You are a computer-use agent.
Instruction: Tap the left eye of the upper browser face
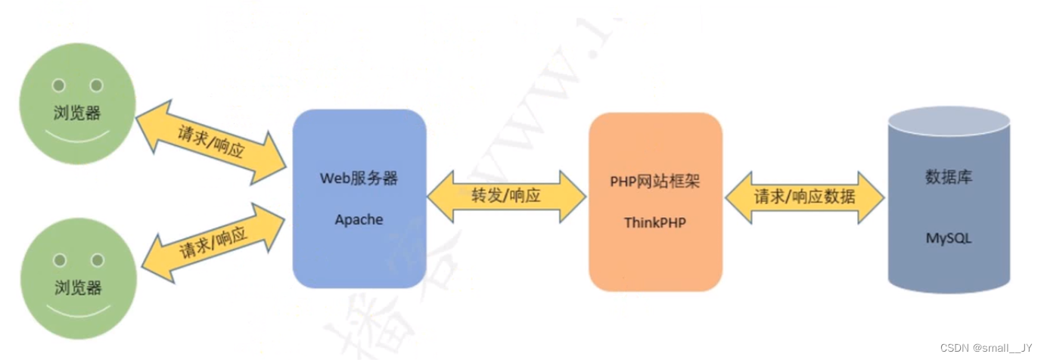click(x=58, y=85)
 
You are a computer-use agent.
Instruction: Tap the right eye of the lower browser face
click(x=97, y=260)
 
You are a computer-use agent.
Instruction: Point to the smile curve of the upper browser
click(x=77, y=139)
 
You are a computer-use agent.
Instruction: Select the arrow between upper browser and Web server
click(x=211, y=141)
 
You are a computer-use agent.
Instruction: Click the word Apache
click(x=359, y=220)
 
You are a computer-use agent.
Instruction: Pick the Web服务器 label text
click(x=359, y=178)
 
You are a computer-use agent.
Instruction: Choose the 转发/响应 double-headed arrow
click(x=506, y=197)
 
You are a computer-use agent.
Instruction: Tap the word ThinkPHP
click(x=655, y=222)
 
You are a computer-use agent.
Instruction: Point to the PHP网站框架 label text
click(x=655, y=182)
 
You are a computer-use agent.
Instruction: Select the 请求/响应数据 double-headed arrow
click(x=804, y=197)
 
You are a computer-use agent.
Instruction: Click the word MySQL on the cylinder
click(x=949, y=238)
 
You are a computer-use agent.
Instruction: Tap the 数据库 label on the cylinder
click(x=949, y=178)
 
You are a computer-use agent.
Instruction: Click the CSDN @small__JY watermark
click(x=986, y=348)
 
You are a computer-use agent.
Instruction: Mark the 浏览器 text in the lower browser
click(x=78, y=288)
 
